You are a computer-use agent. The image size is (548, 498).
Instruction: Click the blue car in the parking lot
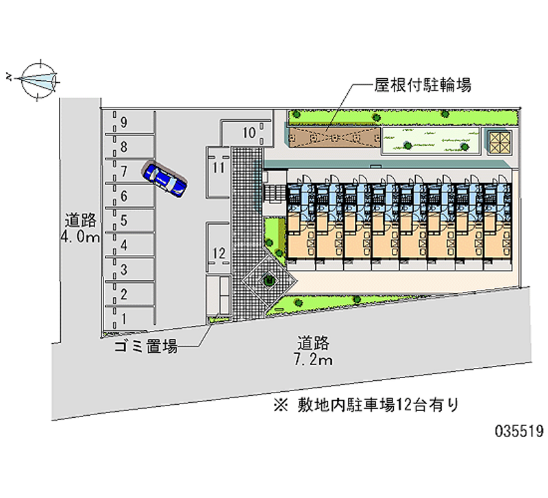click(x=164, y=179)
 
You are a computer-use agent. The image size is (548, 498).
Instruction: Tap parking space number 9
click(x=129, y=122)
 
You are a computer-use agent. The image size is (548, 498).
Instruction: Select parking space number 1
click(x=129, y=319)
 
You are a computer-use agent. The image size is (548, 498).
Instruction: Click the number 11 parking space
click(x=218, y=172)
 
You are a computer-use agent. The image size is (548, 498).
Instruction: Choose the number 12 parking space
click(x=218, y=247)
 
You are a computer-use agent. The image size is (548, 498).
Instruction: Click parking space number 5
click(x=129, y=220)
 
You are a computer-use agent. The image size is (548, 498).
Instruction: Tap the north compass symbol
click(x=38, y=80)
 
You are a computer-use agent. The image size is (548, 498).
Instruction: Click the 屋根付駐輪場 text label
click(x=423, y=85)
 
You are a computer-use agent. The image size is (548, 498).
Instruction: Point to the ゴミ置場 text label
click(x=146, y=347)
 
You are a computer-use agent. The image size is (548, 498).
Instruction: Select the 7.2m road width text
click(x=313, y=360)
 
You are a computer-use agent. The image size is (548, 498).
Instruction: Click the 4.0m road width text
click(x=80, y=237)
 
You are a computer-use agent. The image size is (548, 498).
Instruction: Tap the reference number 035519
click(x=519, y=431)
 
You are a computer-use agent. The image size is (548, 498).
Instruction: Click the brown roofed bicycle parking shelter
click(x=334, y=137)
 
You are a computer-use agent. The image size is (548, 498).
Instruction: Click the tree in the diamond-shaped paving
click(x=269, y=279)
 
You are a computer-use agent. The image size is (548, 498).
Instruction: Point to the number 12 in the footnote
click(x=403, y=405)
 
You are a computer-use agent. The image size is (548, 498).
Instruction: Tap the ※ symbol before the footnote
click(x=281, y=406)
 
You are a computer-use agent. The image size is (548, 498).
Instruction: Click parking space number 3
click(x=129, y=269)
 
